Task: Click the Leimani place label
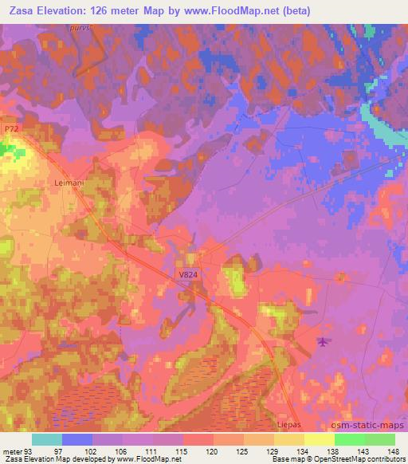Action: tap(69, 183)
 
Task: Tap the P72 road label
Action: tap(10, 128)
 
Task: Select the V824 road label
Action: tap(188, 275)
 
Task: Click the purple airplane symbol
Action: tap(323, 342)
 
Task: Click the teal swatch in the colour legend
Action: tap(47, 439)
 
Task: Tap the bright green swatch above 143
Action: tap(349, 439)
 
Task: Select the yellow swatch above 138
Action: tap(319, 439)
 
